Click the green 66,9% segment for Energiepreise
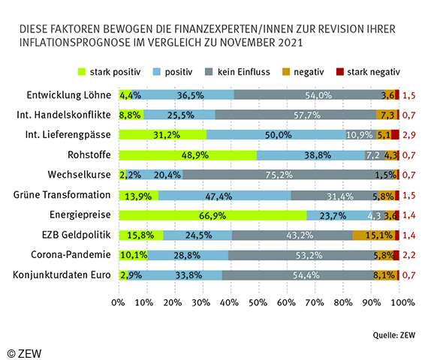click(212, 215)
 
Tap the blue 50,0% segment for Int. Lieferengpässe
click(276, 135)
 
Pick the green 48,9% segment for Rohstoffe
click(188, 155)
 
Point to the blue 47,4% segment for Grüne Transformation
click(225, 195)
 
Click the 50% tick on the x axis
click(259, 303)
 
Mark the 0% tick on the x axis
click(118, 303)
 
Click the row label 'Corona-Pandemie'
click(74, 255)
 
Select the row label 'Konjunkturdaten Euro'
click(63, 275)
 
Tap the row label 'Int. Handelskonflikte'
click(64, 115)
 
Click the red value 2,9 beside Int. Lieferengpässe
click(410, 135)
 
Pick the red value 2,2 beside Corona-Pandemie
click(410, 255)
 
